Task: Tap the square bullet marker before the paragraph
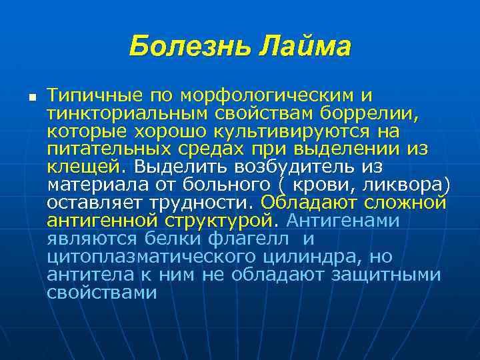[31, 97]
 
